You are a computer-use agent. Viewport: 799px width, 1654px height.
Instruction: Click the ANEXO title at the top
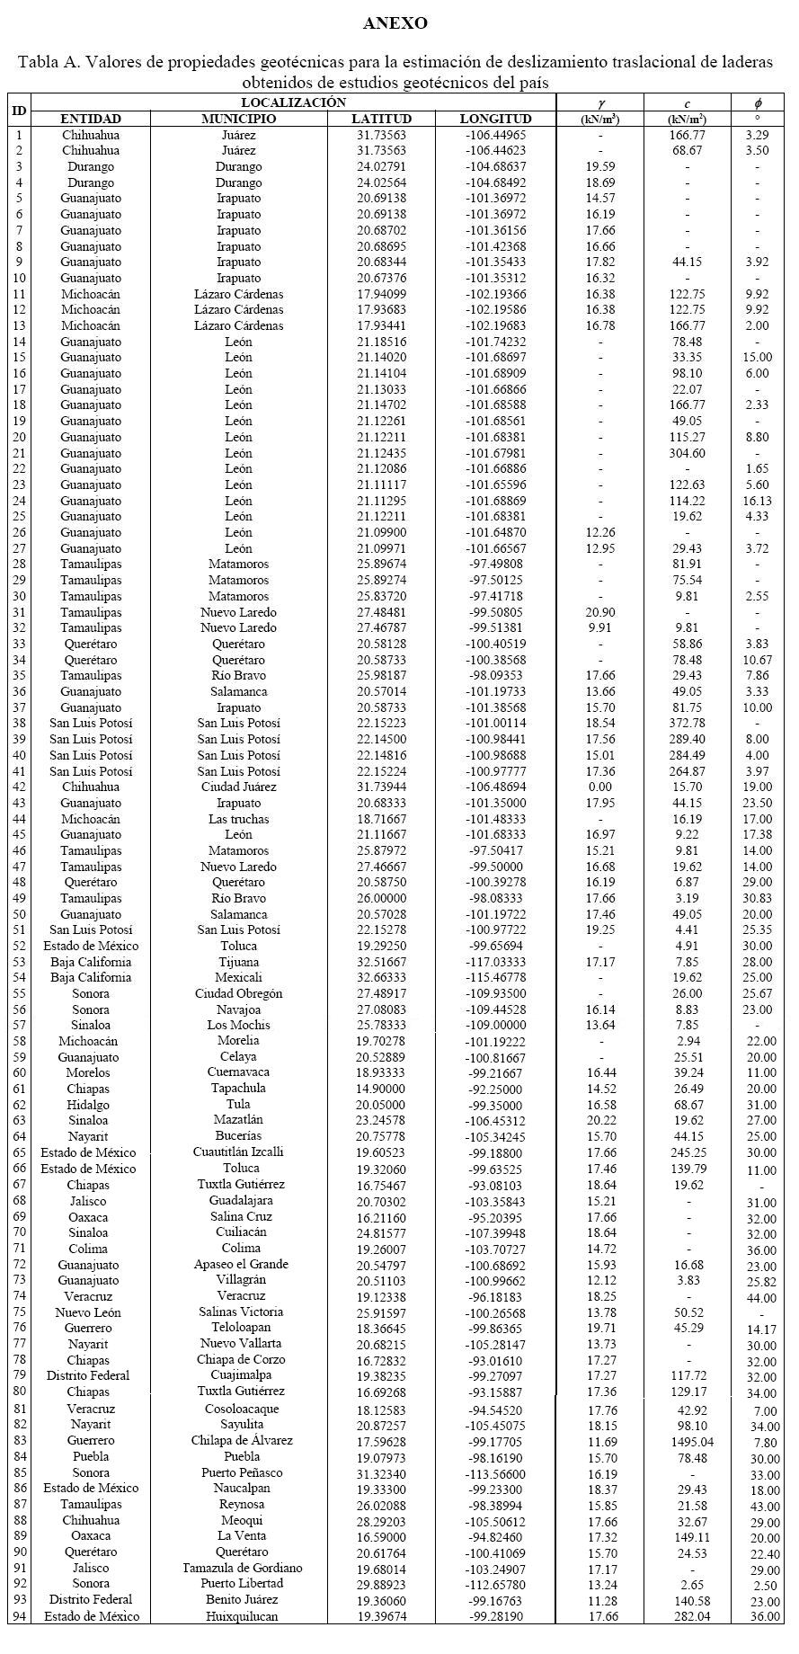click(x=395, y=23)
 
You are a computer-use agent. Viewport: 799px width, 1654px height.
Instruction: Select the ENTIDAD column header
click(x=90, y=119)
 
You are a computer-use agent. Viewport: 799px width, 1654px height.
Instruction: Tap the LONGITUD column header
click(x=495, y=119)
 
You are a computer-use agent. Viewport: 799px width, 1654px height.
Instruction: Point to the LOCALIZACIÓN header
click(x=293, y=102)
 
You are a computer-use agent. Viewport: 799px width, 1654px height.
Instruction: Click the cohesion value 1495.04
click(x=687, y=1441)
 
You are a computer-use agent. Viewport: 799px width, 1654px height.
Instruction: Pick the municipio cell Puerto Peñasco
click(x=239, y=1473)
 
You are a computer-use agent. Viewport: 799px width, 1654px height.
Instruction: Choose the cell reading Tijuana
click(x=239, y=962)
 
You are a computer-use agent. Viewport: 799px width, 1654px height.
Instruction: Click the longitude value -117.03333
click(x=495, y=962)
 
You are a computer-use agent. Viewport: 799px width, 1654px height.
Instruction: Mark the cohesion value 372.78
click(x=687, y=723)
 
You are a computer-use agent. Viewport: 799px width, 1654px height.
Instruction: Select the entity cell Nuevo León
click(x=90, y=1313)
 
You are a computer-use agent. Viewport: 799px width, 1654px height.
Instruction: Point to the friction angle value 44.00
click(x=758, y=1298)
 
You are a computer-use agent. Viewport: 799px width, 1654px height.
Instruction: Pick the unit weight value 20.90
click(x=600, y=612)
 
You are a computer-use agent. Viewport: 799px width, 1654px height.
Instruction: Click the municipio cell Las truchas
click(x=239, y=819)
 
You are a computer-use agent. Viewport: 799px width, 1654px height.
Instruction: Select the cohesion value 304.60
click(x=687, y=453)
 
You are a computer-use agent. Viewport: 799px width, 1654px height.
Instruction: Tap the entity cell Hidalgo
click(x=90, y=1106)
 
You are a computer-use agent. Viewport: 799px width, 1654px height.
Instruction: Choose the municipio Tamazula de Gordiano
click(x=239, y=1569)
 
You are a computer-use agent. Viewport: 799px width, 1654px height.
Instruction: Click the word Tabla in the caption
click(x=37, y=62)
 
